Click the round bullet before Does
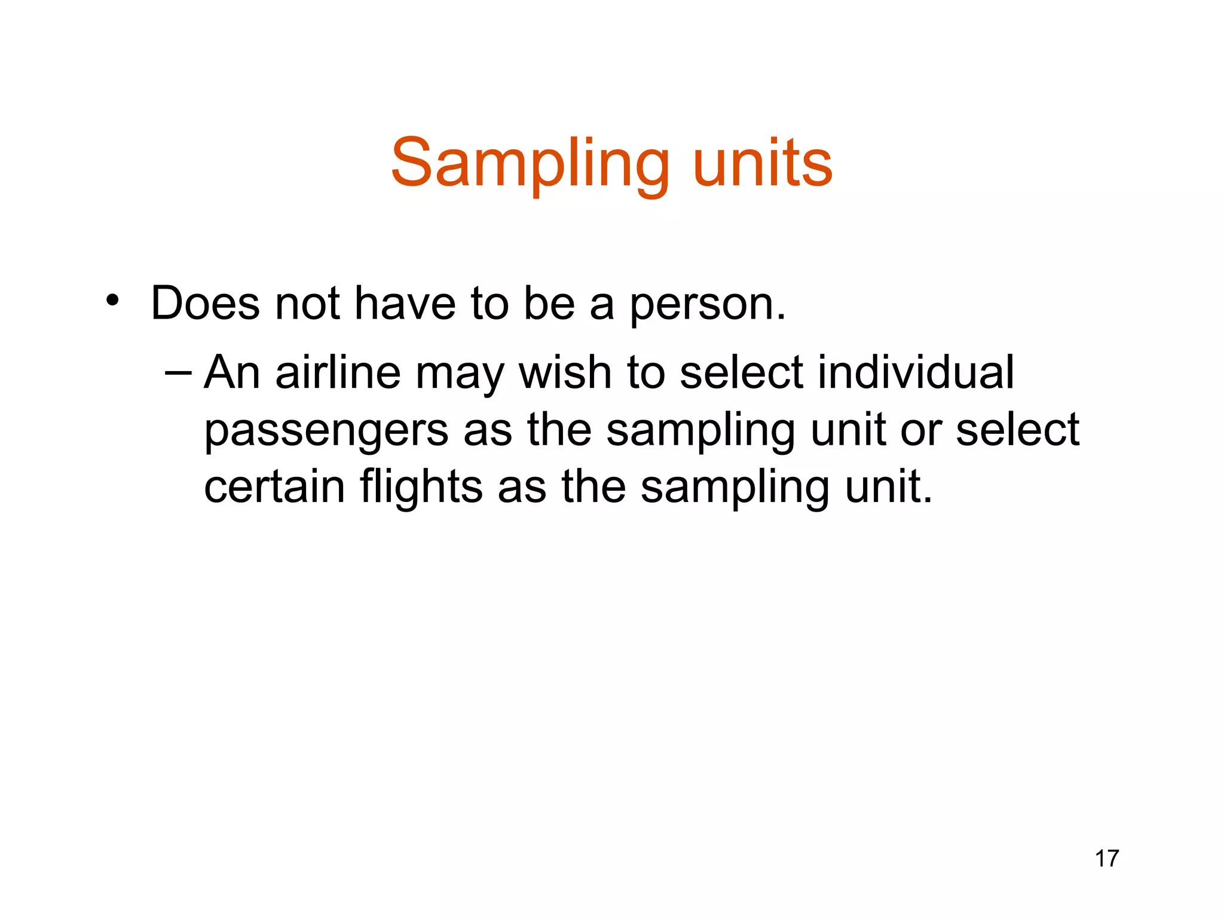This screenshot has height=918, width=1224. pyautogui.click(x=112, y=301)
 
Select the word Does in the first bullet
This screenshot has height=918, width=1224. pyautogui.click(x=205, y=304)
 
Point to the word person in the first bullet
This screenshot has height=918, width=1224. pyautogui.click(x=708, y=305)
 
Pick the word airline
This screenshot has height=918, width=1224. pyautogui.click(x=338, y=372)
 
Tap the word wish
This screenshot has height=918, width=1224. pyautogui.click(x=565, y=372)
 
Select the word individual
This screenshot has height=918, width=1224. pyautogui.click(x=916, y=372)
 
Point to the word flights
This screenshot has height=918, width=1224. pyautogui.click(x=421, y=488)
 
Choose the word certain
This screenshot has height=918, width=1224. pyautogui.click(x=274, y=486)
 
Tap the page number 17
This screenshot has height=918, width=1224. pyautogui.click(x=1107, y=859)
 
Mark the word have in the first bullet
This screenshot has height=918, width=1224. pyautogui.click(x=405, y=304)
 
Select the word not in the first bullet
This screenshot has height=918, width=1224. pyautogui.click(x=307, y=304)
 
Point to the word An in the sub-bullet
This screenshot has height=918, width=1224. pyautogui.click(x=232, y=372)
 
